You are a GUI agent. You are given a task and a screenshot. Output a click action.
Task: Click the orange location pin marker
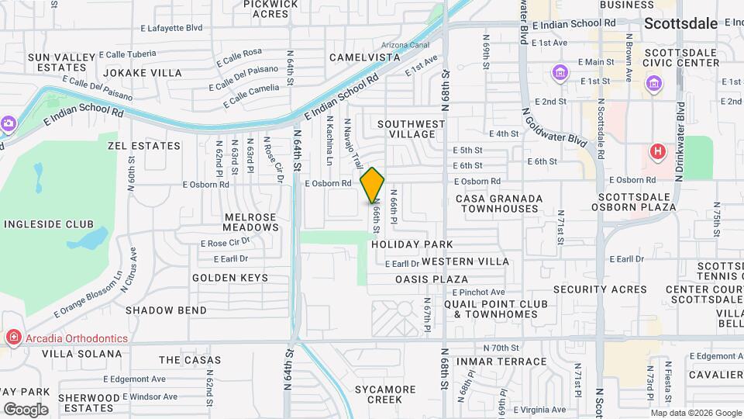pos(373,185)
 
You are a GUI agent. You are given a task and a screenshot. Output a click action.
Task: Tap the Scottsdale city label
pos(680,23)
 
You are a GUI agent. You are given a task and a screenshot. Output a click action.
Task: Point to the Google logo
pos(25,409)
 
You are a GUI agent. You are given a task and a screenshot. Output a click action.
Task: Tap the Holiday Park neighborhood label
pos(412,244)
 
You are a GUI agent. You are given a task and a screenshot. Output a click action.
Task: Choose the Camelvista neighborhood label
pos(364,57)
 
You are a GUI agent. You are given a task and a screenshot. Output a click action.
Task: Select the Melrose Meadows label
pos(250,222)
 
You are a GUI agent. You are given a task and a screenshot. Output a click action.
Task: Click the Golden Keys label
pos(230,278)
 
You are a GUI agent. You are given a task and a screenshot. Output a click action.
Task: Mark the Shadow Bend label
pos(166,310)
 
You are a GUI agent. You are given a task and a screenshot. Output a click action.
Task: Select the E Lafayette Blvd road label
pos(171,28)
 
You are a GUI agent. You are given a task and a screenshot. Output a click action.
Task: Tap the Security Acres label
pos(600,289)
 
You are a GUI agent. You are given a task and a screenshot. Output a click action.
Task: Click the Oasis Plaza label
pos(431,279)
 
